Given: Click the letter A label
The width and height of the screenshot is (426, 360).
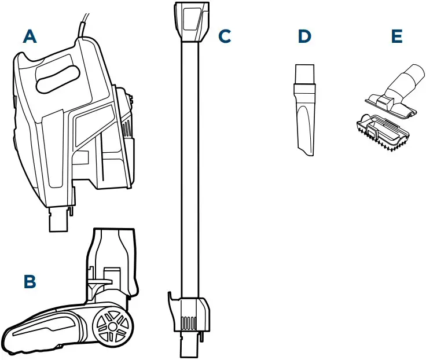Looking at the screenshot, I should point(30,37).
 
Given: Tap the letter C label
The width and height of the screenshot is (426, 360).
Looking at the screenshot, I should point(225,36).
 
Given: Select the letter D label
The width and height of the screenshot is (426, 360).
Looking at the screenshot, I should point(304,36).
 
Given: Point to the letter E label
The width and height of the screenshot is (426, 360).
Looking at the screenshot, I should point(396,36).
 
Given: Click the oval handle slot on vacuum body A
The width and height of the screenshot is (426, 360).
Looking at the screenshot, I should point(58,79).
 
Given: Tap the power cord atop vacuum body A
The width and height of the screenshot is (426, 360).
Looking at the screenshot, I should point(85,23).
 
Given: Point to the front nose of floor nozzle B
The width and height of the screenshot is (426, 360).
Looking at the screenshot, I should point(14,339).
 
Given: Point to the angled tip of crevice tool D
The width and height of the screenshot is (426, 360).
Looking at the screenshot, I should point(306,148).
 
